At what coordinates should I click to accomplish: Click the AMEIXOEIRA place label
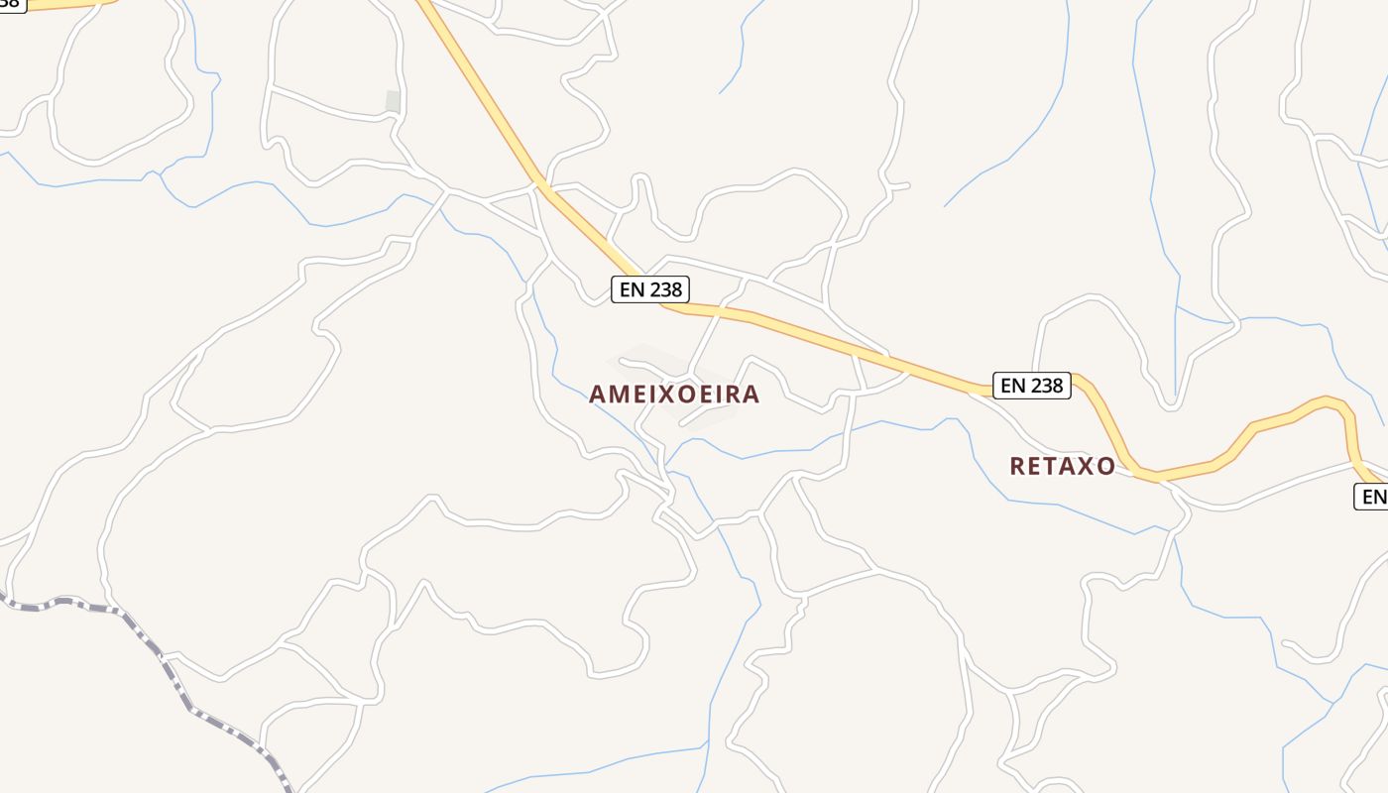click(674, 395)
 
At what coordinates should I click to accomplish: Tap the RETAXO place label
click(1062, 466)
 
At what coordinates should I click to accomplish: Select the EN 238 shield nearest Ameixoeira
click(649, 289)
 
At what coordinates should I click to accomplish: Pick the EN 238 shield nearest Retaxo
click(1032, 385)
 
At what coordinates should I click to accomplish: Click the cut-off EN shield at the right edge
click(1372, 497)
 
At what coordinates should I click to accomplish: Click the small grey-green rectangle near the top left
click(393, 101)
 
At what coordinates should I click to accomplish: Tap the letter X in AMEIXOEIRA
click(659, 395)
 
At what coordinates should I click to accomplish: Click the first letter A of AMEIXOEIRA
click(597, 395)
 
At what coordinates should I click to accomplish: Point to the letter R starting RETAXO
click(1017, 466)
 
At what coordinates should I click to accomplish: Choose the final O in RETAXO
click(1105, 466)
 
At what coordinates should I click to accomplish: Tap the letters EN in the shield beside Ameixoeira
click(632, 289)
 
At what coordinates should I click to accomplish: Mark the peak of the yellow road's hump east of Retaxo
click(1329, 399)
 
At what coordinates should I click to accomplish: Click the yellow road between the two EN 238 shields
click(843, 342)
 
